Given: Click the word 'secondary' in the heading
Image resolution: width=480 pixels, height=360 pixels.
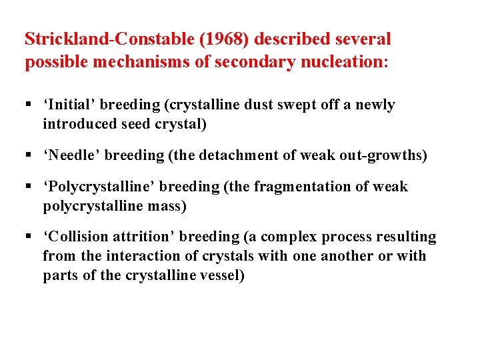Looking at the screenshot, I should [x=253, y=62].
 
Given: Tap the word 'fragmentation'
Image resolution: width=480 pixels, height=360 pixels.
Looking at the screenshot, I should [x=298, y=187].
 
